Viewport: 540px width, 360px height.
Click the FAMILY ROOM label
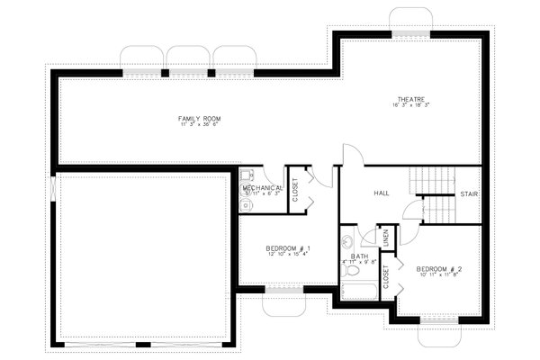[199, 118]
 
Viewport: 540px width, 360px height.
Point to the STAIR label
[469, 194]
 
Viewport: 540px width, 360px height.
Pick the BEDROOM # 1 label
[288, 248]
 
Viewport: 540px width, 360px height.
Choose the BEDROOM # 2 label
[438, 269]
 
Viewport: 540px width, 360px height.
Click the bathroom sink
[348, 242]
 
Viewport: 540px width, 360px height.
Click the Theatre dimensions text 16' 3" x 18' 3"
[409, 105]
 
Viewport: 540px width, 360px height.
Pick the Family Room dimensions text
[199, 125]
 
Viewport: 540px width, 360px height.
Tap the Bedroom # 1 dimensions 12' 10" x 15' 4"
[288, 256]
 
